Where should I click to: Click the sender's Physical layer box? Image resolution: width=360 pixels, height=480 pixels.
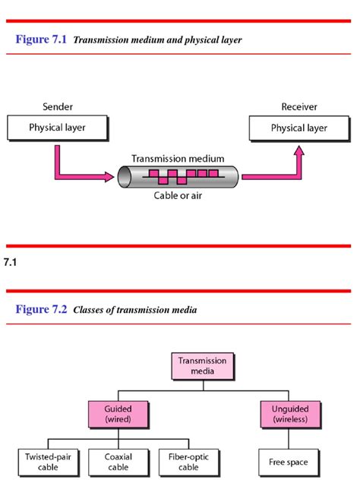click(x=57, y=128)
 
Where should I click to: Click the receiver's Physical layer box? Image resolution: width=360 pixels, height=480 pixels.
click(x=299, y=128)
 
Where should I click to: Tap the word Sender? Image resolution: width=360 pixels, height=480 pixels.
click(x=58, y=107)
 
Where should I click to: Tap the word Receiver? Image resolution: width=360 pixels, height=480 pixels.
click(x=298, y=107)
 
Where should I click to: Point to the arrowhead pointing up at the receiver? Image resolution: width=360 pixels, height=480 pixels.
click(x=299, y=150)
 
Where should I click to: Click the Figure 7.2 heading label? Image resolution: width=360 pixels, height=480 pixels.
click(x=42, y=310)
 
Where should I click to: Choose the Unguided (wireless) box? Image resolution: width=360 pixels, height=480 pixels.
click(x=290, y=414)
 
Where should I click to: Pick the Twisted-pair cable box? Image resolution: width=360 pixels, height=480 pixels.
click(x=45, y=462)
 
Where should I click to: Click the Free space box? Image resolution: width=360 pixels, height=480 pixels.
click(x=290, y=462)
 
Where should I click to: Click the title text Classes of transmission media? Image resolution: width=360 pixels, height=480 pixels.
click(x=135, y=311)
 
